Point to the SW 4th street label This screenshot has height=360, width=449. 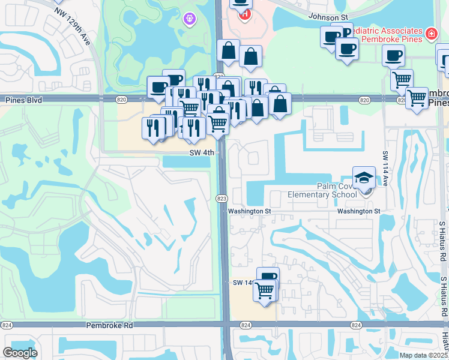click(202, 153)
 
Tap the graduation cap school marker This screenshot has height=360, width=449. click(364, 178)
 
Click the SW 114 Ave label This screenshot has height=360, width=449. click(385, 169)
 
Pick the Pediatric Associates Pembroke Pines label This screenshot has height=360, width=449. click(384, 31)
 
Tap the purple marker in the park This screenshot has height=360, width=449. click(189, 19)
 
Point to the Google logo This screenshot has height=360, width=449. click(20, 353)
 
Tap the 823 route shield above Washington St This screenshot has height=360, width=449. click(221, 197)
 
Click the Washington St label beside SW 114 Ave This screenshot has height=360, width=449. click(358, 211)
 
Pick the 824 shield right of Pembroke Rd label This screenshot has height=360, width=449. click(245, 325)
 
